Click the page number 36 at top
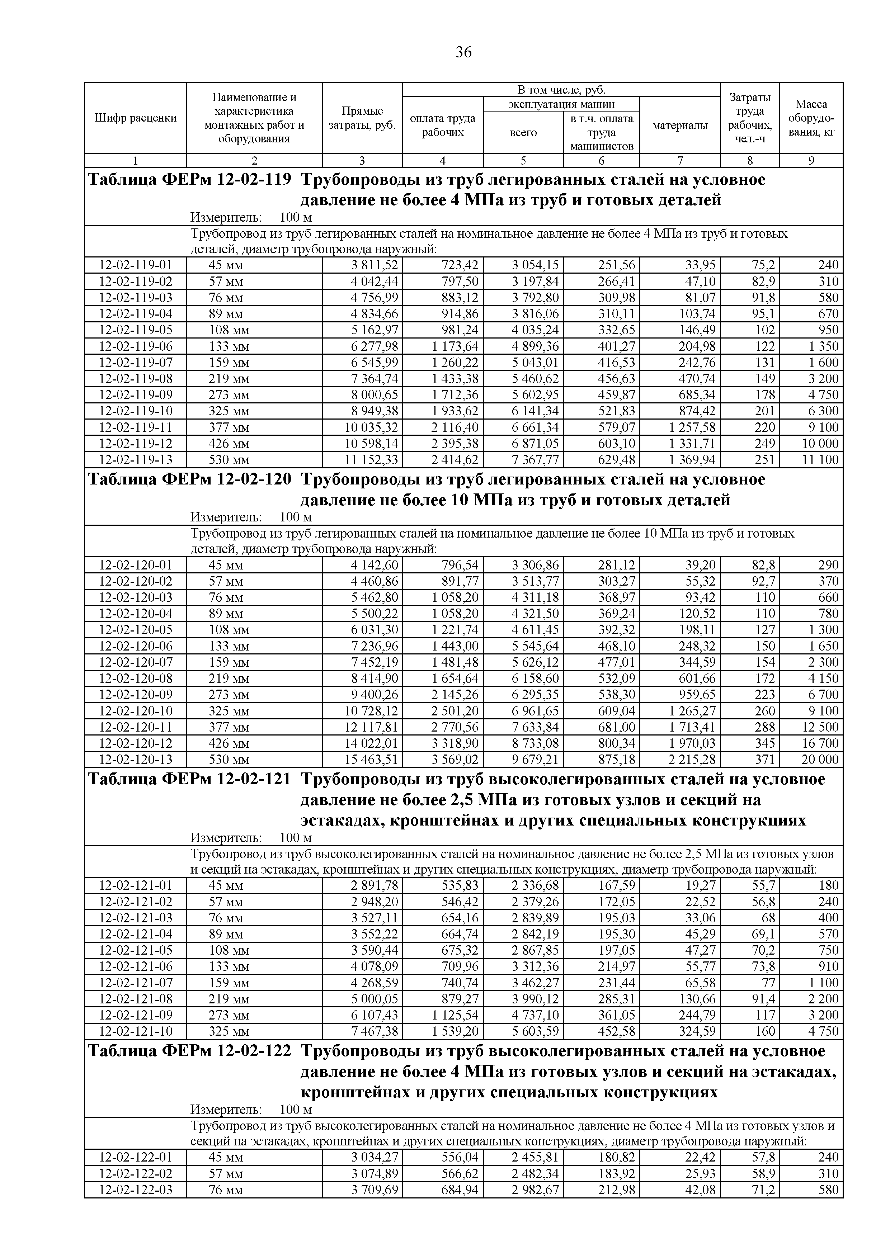pyautogui.click(x=463, y=53)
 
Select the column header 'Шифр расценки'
pyautogui.click(x=135, y=118)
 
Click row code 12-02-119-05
pyautogui.click(x=135, y=330)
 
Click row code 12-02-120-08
pyautogui.click(x=135, y=678)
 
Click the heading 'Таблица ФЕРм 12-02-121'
pyautogui.click(x=190, y=779)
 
